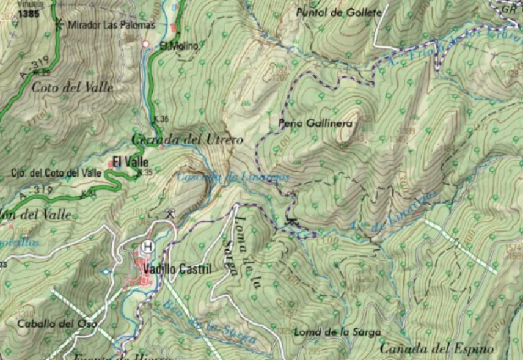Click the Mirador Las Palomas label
(x=112, y=25)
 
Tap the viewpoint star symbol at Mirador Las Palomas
(x=59, y=24)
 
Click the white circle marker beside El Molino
(x=146, y=45)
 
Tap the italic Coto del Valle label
(x=72, y=87)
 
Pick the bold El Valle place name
(x=130, y=162)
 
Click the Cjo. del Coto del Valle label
(x=56, y=173)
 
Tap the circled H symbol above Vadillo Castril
(x=147, y=248)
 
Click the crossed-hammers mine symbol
(x=170, y=213)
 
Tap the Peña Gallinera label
(x=316, y=123)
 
